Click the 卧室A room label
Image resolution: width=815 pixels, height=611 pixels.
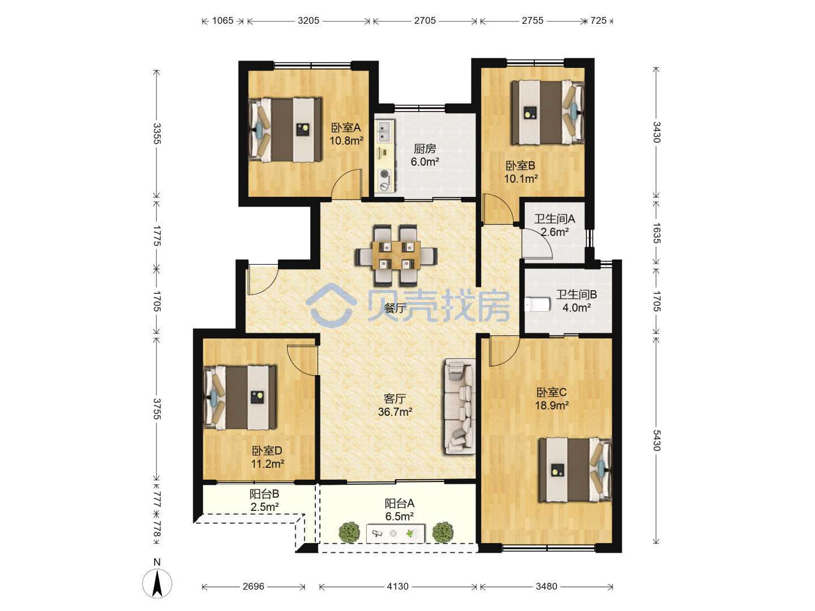[345, 128]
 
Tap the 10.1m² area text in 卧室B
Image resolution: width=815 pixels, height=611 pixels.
[521, 179]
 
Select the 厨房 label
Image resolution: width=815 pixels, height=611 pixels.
[425, 149]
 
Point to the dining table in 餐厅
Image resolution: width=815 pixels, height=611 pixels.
[396, 255]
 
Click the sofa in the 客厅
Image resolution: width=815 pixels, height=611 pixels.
[460, 406]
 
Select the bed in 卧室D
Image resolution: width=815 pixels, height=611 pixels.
[240, 398]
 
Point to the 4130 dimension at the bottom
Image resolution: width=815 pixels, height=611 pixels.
[398, 587]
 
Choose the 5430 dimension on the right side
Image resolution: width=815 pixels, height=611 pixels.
[657, 440]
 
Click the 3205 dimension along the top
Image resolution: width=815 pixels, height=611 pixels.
[308, 21]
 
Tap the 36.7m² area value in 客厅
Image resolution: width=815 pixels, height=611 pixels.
[394, 412]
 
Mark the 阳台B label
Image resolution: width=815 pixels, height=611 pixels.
[264, 494]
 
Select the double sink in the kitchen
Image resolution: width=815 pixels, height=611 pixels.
[383, 131]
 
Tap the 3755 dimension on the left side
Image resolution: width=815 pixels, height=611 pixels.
[157, 409]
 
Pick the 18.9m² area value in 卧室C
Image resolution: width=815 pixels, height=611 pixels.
[551, 406]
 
